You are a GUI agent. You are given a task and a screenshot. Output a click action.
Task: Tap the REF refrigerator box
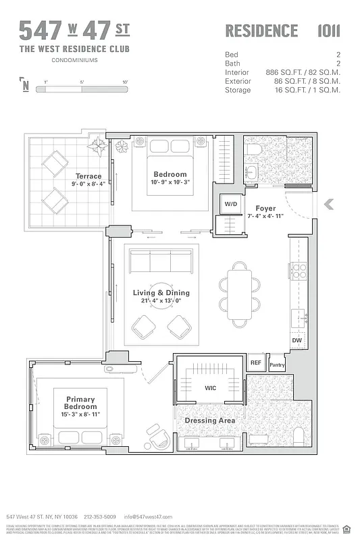[256, 363]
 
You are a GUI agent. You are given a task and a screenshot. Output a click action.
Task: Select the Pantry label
[277, 365]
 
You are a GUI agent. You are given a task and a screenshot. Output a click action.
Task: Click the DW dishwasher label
[297, 340]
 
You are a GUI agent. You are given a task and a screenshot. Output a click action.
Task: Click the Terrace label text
[88, 176]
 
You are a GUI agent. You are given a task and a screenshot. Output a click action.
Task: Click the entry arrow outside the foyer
[329, 205]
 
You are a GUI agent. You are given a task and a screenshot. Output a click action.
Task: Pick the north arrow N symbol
[25, 85]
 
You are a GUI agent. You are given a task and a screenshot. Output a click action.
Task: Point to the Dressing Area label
[210, 421]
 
